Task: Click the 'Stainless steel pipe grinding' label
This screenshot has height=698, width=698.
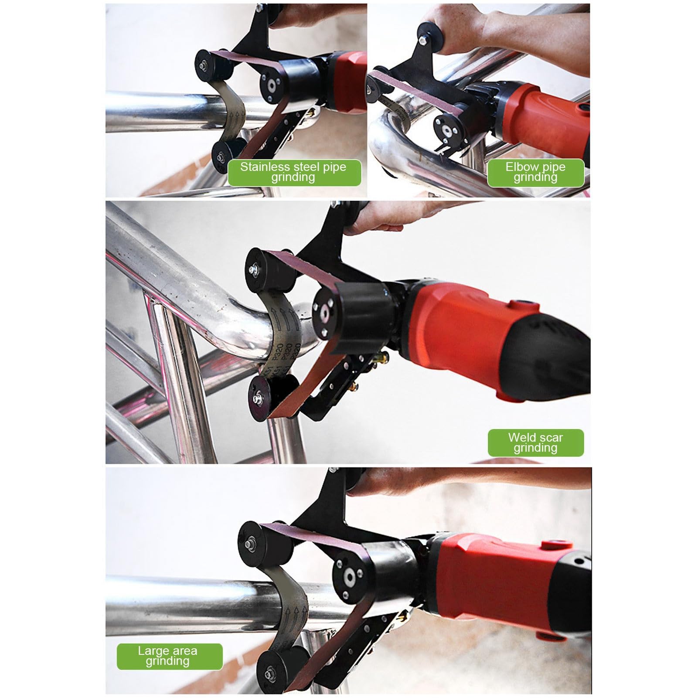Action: point(294,172)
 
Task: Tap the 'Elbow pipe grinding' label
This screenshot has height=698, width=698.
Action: point(535,172)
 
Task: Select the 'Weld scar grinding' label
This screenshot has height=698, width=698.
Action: point(535,443)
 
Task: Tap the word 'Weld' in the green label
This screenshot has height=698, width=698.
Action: point(523,438)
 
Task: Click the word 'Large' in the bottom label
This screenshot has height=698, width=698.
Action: point(153,651)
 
